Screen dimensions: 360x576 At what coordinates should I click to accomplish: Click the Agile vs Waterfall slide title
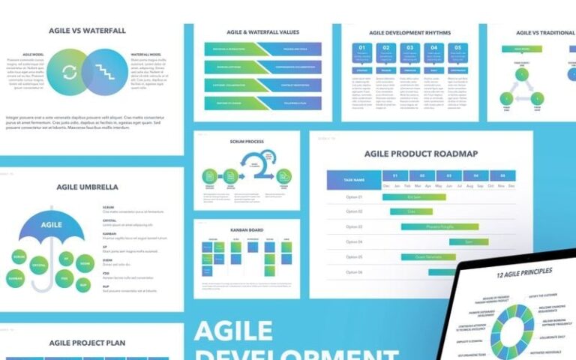[86, 31]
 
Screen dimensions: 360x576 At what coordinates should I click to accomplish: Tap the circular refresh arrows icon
[69, 73]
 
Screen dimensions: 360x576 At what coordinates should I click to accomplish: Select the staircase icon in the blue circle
[107, 73]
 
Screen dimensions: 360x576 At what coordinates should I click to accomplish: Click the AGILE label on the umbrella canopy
[51, 224]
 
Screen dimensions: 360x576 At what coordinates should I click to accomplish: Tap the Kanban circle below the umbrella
[16, 277]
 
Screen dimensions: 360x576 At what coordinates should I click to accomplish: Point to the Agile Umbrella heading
[87, 187]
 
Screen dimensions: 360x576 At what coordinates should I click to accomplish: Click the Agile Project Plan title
[87, 343]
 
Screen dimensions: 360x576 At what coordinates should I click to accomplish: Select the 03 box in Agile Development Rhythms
[409, 53]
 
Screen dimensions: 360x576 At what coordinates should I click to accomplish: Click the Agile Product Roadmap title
[421, 154]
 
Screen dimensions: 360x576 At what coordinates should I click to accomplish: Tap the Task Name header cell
[353, 180]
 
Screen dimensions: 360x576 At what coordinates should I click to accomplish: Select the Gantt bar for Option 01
[414, 197]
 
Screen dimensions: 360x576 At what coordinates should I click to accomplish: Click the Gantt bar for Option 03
[439, 226]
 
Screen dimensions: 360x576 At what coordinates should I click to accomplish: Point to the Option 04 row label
[354, 241]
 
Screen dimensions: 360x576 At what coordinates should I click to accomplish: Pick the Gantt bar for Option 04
[469, 241]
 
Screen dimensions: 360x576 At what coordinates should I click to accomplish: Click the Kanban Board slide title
[247, 229]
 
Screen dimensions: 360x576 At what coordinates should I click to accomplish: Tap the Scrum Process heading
[247, 141]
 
